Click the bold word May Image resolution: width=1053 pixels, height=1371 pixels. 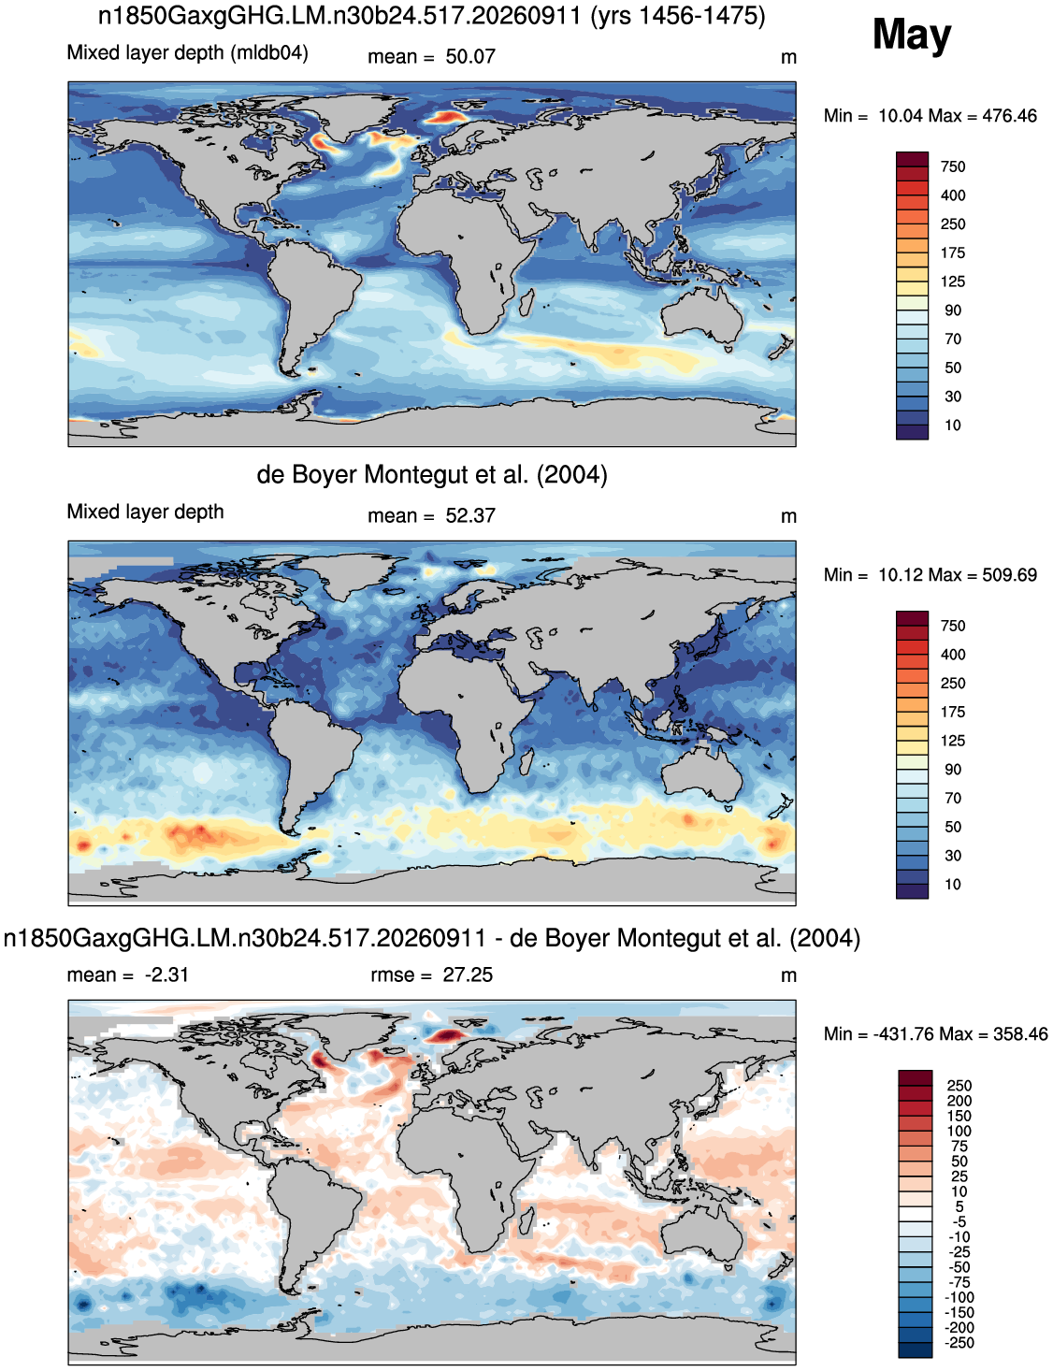(912, 36)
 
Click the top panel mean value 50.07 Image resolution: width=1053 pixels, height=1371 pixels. (470, 57)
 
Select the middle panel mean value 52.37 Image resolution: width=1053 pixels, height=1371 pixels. (470, 516)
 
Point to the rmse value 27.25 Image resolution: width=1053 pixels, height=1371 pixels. (468, 974)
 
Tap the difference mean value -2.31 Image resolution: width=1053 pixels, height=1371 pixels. (166, 974)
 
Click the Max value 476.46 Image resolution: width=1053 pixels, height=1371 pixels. (1009, 116)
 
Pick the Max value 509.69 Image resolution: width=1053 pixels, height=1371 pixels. (1009, 575)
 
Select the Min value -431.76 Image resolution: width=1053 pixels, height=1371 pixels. (903, 1034)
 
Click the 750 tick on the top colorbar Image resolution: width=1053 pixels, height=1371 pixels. (953, 166)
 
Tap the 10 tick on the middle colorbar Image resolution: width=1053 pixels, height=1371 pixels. (953, 885)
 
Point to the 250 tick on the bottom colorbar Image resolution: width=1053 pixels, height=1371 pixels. (959, 1086)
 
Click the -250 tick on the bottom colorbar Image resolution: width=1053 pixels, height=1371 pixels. (959, 1343)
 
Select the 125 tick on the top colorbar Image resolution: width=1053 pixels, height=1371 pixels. (953, 281)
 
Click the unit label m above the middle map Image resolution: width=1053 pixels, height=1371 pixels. (788, 517)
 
